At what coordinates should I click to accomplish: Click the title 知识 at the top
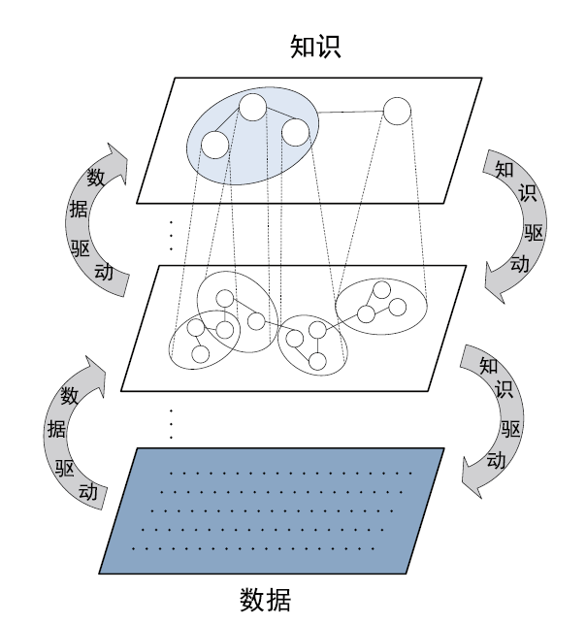coord(315,47)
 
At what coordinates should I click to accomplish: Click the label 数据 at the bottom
coord(265,600)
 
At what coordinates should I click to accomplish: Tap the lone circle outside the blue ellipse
coord(397,111)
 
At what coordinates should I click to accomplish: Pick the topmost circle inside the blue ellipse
coord(252,107)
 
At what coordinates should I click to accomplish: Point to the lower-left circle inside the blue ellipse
coord(215,145)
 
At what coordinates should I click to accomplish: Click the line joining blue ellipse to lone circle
coord(351,112)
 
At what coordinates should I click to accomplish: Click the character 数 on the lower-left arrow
coord(70,396)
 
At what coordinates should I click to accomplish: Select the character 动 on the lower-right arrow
coord(496,460)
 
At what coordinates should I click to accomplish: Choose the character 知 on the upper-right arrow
coord(505,170)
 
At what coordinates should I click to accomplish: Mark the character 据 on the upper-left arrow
coord(79,209)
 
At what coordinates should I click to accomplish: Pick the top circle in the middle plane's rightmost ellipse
coord(382,290)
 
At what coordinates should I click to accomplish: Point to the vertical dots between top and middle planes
coord(171,236)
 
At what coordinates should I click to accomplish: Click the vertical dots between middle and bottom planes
coord(171,424)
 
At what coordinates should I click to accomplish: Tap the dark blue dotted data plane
coord(272,511)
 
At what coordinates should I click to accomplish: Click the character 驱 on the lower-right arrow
coord(510,429)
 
